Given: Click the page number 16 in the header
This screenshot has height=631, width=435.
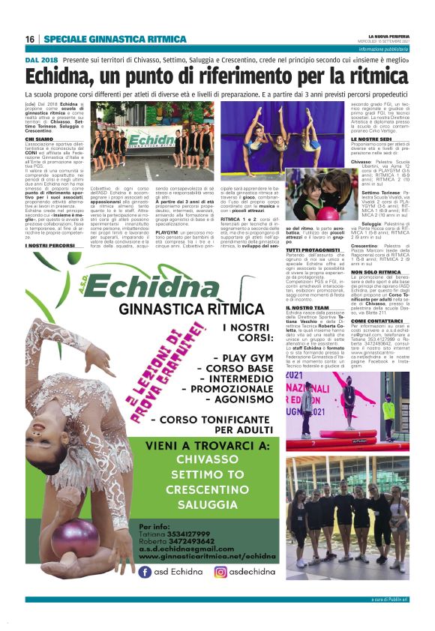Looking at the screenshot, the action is point(30,39).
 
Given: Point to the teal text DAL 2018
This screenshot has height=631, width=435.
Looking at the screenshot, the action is point(41,58).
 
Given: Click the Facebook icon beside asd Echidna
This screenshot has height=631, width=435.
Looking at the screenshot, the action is point(145,572).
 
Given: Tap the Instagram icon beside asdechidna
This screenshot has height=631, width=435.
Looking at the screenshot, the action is point(221,572).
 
